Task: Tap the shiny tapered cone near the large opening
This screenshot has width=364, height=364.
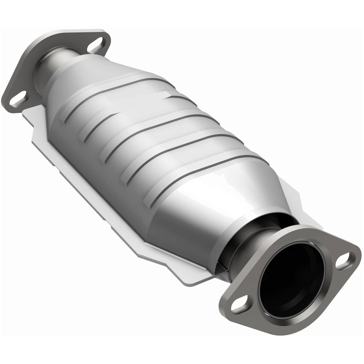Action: pos(210,207)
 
